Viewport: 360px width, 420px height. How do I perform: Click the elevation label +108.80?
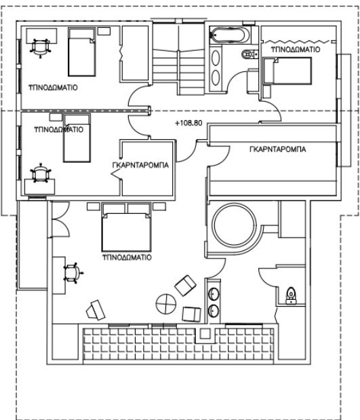[x=188, y=123]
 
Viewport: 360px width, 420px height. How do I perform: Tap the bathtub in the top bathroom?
[x=231, y=35]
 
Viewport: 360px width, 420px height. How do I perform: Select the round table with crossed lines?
[x=166, y=304]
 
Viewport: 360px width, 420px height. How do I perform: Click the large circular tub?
[x=234, y=225]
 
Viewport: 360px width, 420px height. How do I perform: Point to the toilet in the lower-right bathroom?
[x=291, y=295]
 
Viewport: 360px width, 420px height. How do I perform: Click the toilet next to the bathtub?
[x=249, y=54]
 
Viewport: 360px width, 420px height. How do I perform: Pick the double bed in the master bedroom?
[x=126, y=227]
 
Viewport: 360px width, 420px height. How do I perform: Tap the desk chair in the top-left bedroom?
[x=41, y=47]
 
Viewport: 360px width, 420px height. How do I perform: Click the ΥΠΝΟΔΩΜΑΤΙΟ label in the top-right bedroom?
[x=296, y=50]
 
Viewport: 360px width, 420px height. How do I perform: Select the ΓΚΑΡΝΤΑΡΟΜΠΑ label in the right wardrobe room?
[x=278, y=149]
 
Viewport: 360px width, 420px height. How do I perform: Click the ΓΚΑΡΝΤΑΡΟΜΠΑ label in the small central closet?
[x=140, y=165]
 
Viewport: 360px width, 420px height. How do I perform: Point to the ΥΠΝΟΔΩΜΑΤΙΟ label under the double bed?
[x=127, y=257]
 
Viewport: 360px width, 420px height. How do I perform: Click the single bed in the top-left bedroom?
[x=82, y=52]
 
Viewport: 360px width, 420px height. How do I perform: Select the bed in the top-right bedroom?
[x=287, y=71]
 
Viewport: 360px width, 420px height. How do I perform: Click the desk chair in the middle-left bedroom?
[x=41, y=173]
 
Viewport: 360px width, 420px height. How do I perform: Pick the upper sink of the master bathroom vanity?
[x=214, y=294]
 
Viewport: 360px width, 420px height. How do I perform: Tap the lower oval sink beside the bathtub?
[x=216, y=77]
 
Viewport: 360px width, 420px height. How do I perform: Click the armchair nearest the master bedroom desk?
[x=96, y=310]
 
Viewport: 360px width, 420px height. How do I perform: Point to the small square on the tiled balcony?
[x=205, y=334]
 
